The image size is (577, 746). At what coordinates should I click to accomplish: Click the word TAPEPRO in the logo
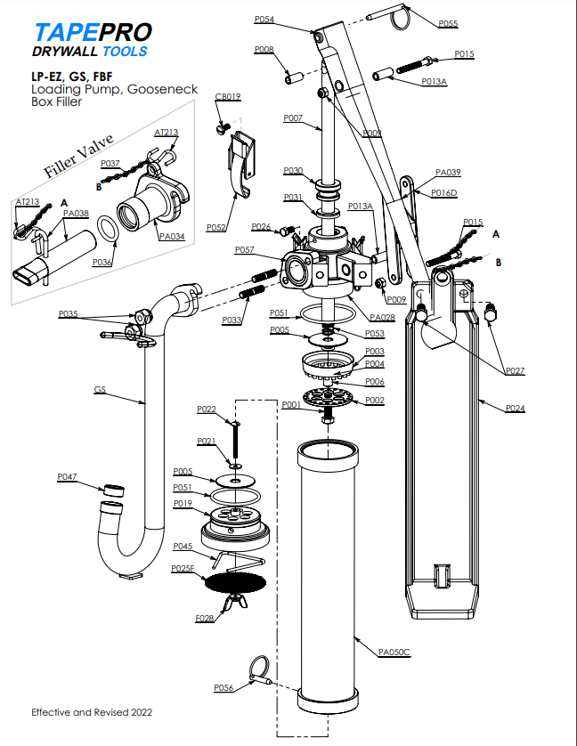point(92,33)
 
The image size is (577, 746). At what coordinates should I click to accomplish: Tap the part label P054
point(264,19)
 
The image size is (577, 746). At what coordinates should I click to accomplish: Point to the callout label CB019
point(228,96)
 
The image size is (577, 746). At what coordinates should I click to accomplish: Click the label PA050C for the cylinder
point(394,652)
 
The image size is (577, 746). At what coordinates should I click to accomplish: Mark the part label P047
point(68,477)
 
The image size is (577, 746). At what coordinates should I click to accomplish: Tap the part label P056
point(223,687)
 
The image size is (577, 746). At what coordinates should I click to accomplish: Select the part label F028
point(204,617)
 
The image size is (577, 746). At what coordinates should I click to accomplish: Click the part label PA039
point(448,172)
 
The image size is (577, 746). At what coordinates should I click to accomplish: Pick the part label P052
point(215,227)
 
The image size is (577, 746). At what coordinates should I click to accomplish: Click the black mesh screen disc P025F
point(235,583)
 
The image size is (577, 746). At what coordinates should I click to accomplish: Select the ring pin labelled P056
point(257,669)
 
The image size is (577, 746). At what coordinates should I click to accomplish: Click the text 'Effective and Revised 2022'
point(92,712)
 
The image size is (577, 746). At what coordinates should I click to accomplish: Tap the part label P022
point(207,409)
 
